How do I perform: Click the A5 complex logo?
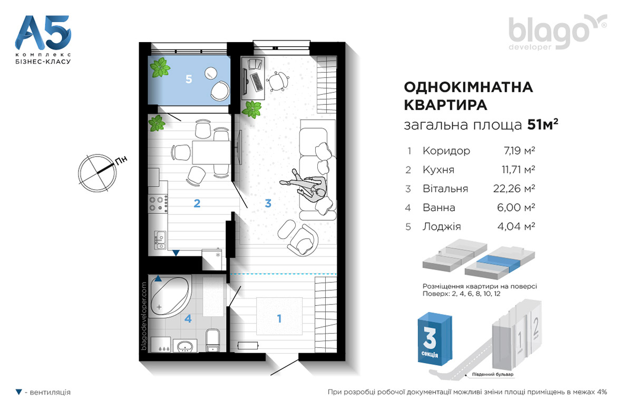(x=43, y=40)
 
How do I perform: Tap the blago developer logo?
(x=557, y=32)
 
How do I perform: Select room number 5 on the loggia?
(x=189, y=80)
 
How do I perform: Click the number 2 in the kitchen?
(x=197, y=203)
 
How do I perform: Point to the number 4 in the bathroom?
(x=188, y=318)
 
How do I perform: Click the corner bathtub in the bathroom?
(x=171, y=296)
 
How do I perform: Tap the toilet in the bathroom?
(x=213, y=340)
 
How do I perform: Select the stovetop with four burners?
(x=158, y=203)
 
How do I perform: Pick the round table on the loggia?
(x=211, y=73)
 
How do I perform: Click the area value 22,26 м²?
(x=514, y=189)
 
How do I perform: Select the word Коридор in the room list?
(x=446, y=151)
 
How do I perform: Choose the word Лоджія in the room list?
(x=442, y=227)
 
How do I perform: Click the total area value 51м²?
(x=542, y=124)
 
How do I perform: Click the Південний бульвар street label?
(x=492, y=374)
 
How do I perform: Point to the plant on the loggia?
(x=160, y=67)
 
